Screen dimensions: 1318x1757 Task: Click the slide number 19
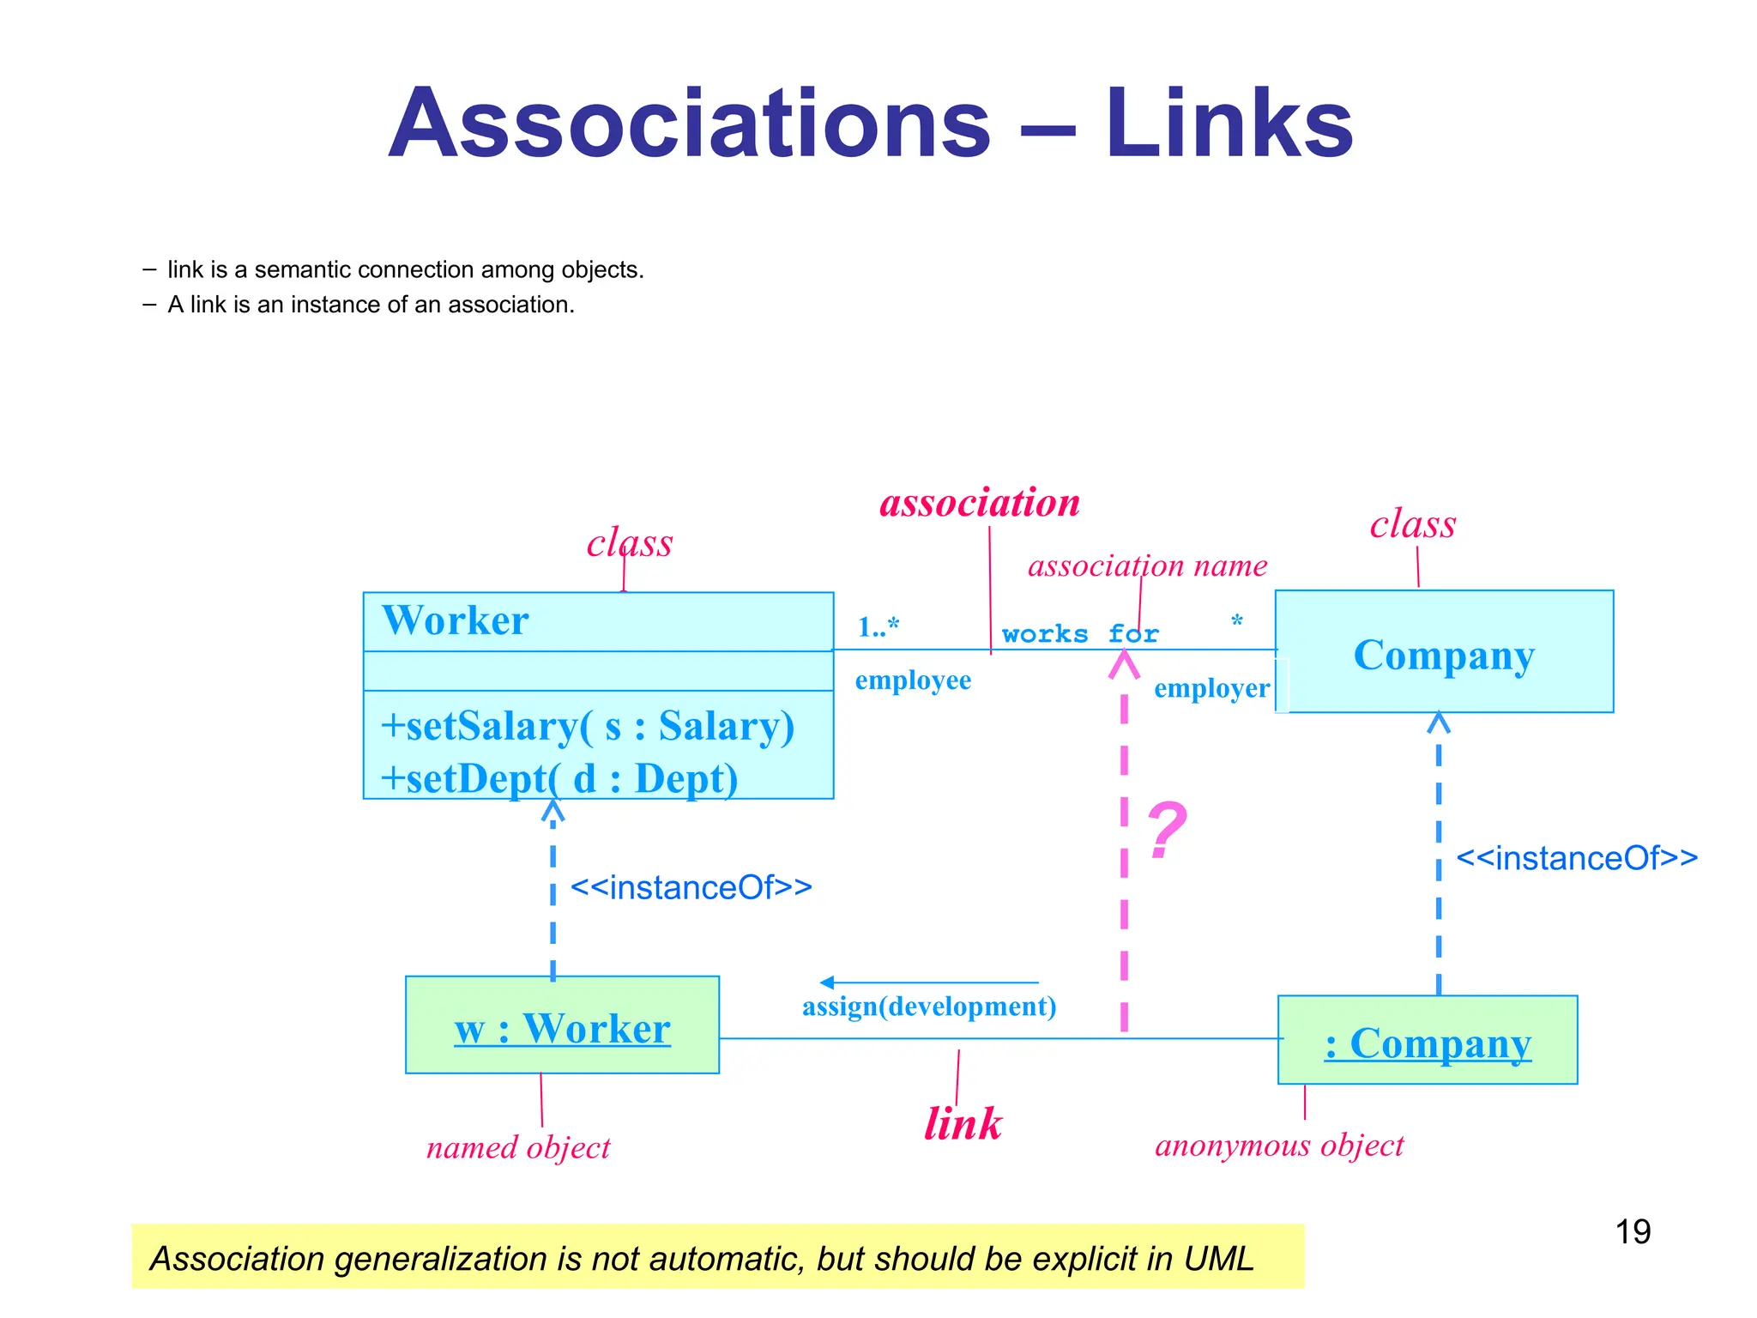(x=1632, y=1231)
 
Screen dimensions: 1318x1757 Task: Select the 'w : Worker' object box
(x=562, y=1025)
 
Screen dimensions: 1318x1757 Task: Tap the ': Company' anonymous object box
(x=1427, y=1041)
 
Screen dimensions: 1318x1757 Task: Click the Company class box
(x=1443, y=652)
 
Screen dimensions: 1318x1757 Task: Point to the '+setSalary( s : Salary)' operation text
(x=588, y=726)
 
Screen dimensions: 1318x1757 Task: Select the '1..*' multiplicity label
(x=878, y=626)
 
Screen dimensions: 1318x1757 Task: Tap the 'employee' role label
(x=913, y=680)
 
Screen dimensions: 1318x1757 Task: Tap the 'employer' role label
(x=1211, y=688)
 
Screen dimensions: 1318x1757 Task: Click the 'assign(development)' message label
(x=928, y=1006)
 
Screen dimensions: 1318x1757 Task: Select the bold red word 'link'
(x=963, y=1123)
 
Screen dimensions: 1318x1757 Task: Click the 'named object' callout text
(x=518, y=1147)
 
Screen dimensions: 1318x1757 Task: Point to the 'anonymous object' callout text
(x=1278, y=1145)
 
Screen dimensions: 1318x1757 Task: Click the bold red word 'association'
(x=980, y=502)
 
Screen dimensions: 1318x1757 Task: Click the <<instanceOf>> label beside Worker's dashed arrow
(x=691, y=887)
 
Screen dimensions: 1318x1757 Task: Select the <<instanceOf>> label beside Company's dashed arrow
(x=1576, y=858)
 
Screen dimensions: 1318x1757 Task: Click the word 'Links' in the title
(x=1229, y=124)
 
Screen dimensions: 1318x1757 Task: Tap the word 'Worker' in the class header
(x=456, y=620)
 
